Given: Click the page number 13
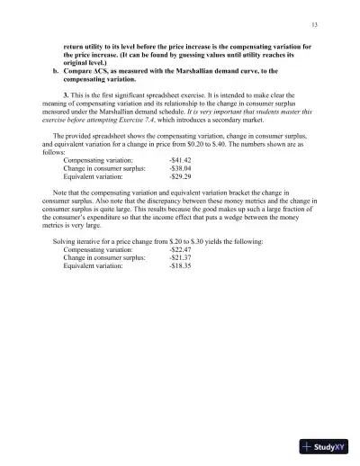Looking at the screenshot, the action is coord(313,24).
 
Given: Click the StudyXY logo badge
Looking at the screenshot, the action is coord(325,447).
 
